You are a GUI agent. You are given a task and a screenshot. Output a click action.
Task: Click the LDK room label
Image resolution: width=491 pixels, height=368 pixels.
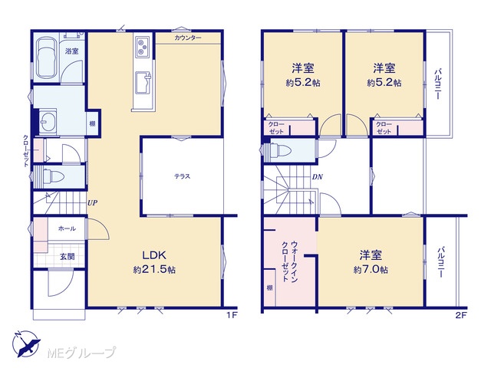coord(154,255)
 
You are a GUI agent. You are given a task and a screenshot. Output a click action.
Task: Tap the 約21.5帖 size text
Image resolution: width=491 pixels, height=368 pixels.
coord(154,269)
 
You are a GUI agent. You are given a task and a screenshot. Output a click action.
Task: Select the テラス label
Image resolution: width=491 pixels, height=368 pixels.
coord(183,176)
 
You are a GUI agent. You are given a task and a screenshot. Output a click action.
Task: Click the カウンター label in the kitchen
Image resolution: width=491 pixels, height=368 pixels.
coord(188,38)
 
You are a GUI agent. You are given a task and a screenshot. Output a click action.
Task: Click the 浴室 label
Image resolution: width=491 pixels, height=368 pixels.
coord(71,51)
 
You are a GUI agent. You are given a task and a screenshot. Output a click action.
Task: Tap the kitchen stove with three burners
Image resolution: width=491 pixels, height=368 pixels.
coord(143,47)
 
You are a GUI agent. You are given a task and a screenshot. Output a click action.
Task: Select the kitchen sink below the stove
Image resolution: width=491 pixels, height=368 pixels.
coord(143,82)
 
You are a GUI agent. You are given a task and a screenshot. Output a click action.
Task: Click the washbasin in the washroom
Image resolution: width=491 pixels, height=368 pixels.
coord(48,122)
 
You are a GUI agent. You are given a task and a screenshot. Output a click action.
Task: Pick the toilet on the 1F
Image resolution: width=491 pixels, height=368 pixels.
coord(53,176)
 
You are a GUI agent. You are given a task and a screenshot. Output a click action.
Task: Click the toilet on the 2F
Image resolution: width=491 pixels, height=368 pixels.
coord(281,151)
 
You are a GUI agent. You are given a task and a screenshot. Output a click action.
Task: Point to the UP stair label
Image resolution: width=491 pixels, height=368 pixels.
coord(92,202)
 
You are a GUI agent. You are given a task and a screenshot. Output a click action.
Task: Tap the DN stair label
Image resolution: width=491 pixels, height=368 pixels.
coord(317,177)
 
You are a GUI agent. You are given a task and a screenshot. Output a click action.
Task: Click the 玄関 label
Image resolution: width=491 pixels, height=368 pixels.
coord(68,257)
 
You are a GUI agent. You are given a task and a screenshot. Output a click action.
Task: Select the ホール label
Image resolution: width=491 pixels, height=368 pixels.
coord(67,228)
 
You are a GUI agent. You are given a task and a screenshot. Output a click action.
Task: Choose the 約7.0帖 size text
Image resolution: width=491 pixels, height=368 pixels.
coord(371,269)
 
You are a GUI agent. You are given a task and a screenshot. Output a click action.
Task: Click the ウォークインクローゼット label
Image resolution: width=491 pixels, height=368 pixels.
coord(289,261)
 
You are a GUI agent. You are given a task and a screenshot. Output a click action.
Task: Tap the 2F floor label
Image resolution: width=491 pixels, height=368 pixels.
coord(461,315)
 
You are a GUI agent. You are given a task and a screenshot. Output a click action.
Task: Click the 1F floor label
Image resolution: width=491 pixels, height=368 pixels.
coord(232,315)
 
